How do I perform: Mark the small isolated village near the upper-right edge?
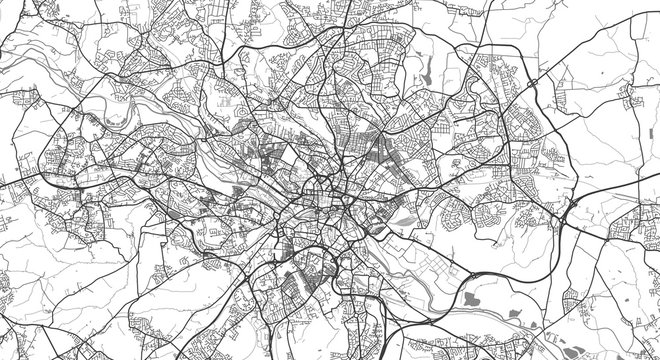629,96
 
